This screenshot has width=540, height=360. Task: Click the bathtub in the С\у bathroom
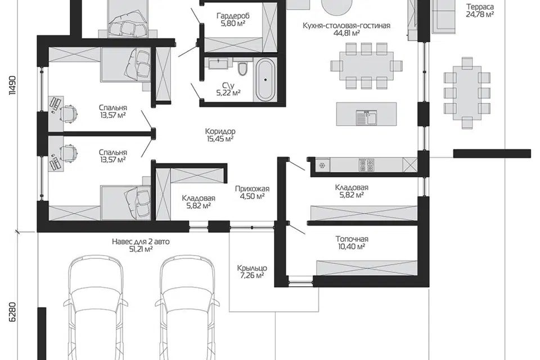265,79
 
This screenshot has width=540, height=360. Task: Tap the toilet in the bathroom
243,69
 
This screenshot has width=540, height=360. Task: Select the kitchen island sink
366,118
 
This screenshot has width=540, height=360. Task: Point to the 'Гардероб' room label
233,16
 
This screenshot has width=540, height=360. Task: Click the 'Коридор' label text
220,131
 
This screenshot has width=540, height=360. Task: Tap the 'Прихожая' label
252,188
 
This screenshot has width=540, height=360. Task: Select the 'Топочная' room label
352,238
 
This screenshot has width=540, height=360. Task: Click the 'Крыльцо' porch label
252,268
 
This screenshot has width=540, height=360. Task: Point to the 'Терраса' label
480,7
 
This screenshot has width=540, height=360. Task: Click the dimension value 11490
12,85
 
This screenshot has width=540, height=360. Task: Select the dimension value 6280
12,312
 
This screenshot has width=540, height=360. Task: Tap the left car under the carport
94,307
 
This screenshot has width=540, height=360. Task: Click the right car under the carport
187,307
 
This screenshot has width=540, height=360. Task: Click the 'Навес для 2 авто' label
141,241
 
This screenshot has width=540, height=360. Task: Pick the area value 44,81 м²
346,33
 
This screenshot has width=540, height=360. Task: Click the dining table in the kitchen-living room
366,66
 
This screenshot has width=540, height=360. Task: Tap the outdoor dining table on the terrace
467,93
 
